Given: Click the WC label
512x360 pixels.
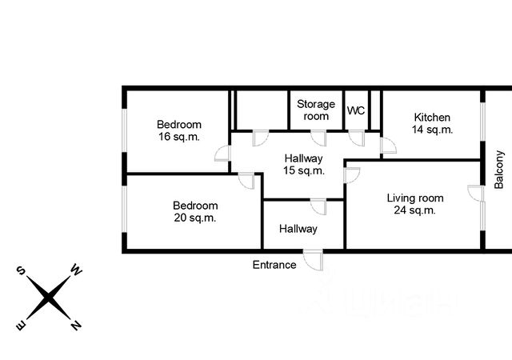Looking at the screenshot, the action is click(355, 110).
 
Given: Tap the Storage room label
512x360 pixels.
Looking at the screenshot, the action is click(316, 110).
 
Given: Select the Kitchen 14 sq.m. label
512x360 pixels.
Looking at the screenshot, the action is click(432, 123).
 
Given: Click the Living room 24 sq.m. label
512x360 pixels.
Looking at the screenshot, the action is click(415, 204).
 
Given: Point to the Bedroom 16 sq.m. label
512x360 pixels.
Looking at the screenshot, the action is click(179, 130).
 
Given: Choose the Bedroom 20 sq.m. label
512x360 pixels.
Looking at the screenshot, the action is click(195, 211).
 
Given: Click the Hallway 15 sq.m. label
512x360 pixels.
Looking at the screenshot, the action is click(304, 164).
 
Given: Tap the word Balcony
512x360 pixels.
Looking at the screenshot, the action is click(498, 170).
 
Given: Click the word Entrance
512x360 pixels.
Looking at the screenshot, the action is click(274, 265).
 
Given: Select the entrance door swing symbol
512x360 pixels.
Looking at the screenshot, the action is click(314, 260).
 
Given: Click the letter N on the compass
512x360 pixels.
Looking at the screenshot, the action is click(76, 325).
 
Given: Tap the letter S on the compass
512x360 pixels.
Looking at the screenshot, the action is click(21, 270).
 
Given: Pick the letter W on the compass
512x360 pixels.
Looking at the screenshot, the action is click(77, 270).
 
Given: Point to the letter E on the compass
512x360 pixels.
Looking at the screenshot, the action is click(21, 326).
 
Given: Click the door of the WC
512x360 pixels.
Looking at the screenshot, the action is click(357, 138).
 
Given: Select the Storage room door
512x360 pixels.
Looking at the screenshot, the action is click(318, 138).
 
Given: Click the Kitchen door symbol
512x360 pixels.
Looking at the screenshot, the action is click(388, 146).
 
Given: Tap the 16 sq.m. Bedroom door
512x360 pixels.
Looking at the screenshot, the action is click(223, 154).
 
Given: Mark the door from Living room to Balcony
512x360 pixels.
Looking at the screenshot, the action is click(475, 194).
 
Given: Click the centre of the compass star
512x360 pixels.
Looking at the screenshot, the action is click(48, 298).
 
